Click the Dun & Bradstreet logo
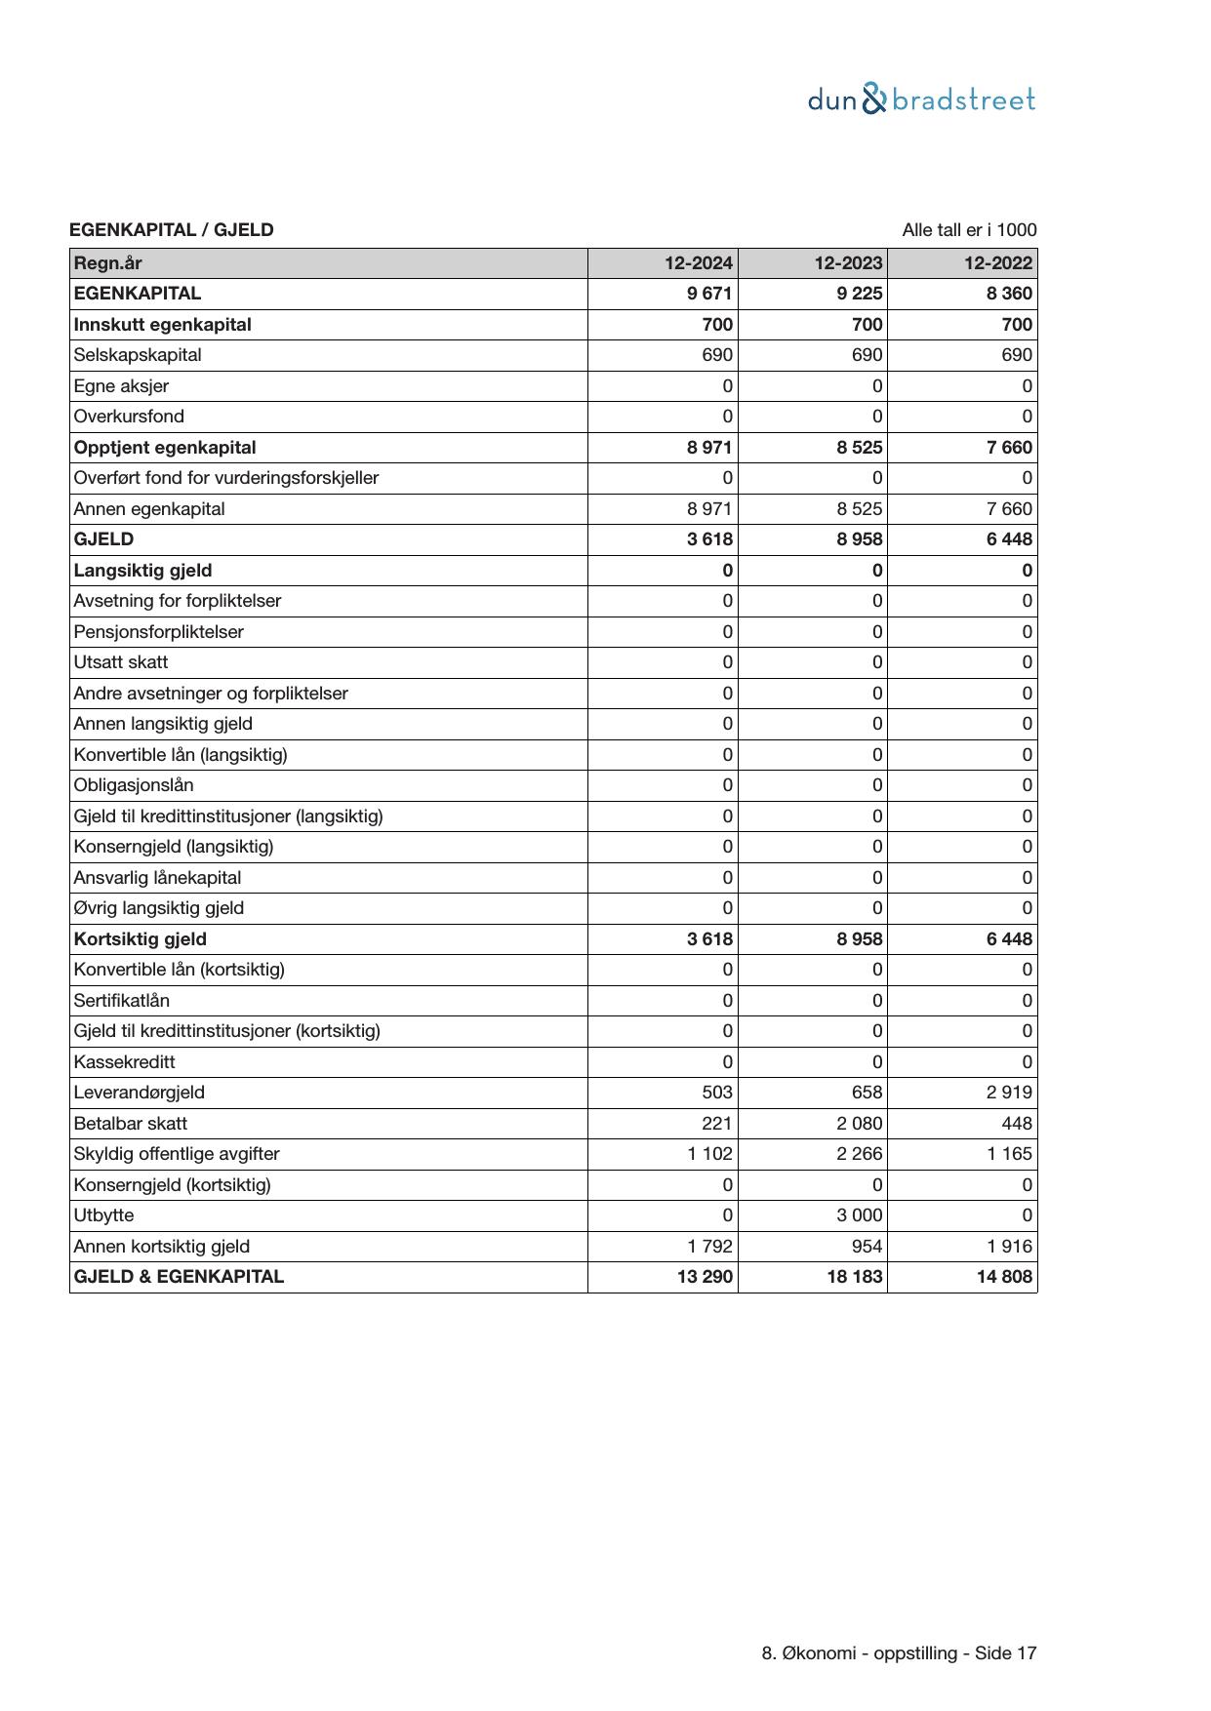coord(921,99)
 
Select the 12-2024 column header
coord(699,263)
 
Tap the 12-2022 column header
coord(997,263)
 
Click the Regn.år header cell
coord(108,263)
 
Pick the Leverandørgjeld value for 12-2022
coord(1009,1093)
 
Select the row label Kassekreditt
coord(124,1062)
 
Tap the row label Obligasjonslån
coord(134,785)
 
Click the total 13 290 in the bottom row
coord(705,1277)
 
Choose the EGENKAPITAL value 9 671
coord(709,294)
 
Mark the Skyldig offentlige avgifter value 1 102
coord(709,1154)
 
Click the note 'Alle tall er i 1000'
coord(969,230)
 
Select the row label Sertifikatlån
coord(121,1001)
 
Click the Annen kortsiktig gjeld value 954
coord(866,1247)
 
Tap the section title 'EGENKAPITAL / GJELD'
coord(172,230)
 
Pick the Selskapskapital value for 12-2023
coord(867,355)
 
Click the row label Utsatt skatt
coord(121,662)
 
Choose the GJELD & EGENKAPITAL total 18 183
coord(855,1277)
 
